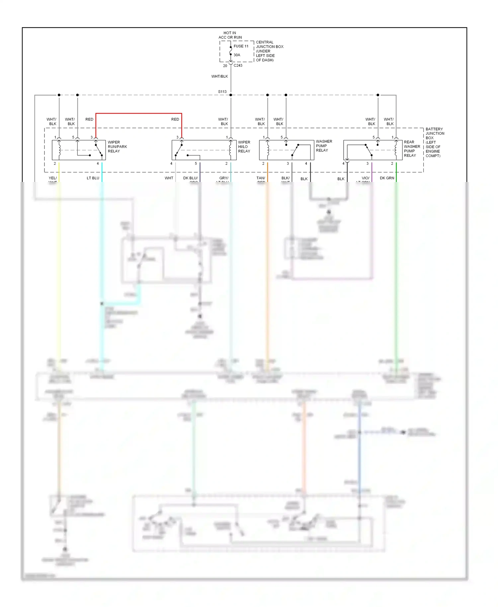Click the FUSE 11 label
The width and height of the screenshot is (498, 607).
(x=241, y=46)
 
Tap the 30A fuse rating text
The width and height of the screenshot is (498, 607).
(x=237, y=55)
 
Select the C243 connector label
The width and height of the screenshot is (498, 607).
(x=238, y=65)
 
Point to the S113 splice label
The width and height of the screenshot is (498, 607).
(x=222, y=92)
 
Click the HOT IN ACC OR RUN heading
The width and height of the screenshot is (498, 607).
(x=230, y=35)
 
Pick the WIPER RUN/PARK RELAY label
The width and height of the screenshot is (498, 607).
(x=117, y=147)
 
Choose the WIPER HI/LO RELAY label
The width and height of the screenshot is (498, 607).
(x=244, y=147)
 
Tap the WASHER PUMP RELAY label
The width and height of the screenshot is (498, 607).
(x=324, y=146)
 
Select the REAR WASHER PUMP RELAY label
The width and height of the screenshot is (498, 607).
(x=412, y=149)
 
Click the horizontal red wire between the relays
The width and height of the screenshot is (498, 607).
(x=139, y=114)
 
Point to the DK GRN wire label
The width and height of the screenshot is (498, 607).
(x=387, y=178)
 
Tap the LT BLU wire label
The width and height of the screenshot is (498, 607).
(x=93, y=178)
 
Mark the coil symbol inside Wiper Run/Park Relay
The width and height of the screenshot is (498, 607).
(x=59, y=149)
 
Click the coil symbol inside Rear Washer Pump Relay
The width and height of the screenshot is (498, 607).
(x=396, y=149)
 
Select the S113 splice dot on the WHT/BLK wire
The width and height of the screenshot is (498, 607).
(x=231, y=95)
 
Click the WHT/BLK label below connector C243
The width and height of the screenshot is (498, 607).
(x=219, y=76)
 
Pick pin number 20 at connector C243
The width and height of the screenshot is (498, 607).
(x=225, y=66)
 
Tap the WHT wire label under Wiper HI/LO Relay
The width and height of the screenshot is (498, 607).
(x=169, y=178)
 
